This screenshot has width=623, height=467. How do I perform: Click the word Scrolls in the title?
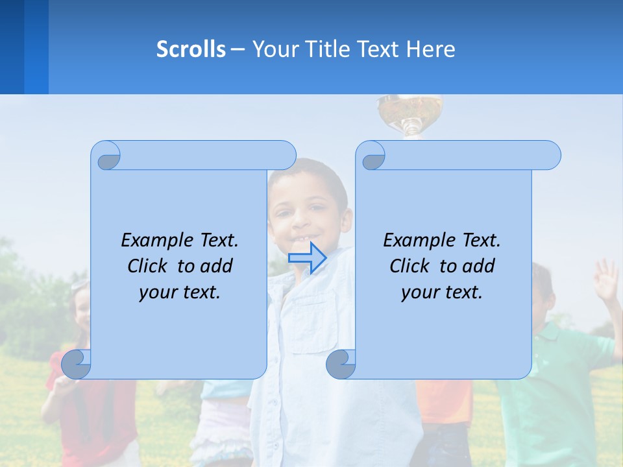pos(191,49)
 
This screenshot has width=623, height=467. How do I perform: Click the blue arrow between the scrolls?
pos(307,257)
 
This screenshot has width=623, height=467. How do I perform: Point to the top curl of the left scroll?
pos(106,156)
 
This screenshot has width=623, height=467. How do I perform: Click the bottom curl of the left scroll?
pos(77,364)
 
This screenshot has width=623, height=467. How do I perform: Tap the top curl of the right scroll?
pos(372,156)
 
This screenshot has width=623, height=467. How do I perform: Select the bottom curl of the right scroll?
pos(341,364)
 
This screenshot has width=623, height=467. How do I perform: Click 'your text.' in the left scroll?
pos(180,292)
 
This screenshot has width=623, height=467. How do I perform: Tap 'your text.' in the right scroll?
pos(442,292)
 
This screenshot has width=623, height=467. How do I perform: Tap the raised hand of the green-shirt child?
pos(605,279)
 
